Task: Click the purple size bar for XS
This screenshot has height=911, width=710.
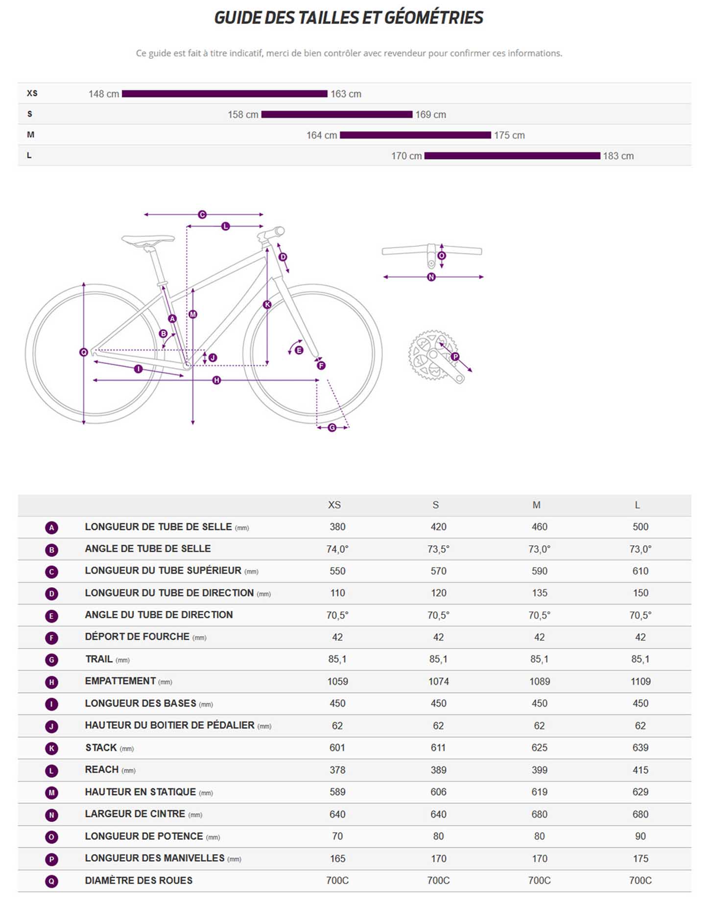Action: [224, 93]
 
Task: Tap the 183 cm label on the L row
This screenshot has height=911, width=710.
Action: [618, 156]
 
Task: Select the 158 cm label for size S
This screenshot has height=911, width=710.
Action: [243, 115]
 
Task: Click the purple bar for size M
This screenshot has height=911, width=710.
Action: [415, 135]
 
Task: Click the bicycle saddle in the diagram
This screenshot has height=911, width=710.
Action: [148, 239]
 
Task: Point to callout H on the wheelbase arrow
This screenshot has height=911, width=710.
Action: [216, 380]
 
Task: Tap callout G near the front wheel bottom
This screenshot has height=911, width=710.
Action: [332, 427]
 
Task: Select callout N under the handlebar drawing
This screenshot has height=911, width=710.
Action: [431, 277]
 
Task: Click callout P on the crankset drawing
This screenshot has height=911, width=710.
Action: [455, 356]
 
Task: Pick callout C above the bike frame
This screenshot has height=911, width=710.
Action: [202, 214]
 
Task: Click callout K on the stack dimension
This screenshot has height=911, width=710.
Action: [267, 304]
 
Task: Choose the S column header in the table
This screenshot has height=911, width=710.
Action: [435, 505]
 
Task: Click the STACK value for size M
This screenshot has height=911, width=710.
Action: [539, 747]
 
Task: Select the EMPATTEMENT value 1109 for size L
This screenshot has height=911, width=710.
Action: [640, 681]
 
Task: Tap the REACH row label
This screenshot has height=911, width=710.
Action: [102, 770]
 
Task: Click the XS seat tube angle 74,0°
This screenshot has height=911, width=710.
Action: [337, 549]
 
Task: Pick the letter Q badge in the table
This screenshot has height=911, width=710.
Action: [51, 881]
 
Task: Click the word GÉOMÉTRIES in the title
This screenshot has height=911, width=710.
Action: [433, 18]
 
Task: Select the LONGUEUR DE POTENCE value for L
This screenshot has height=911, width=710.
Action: [640, 836]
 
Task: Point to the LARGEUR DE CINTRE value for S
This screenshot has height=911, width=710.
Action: [438, 814]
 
